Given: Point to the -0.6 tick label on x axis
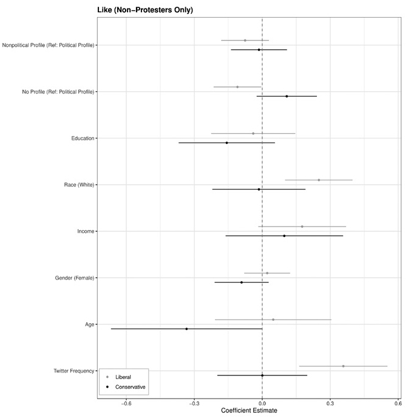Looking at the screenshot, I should pos(126,402).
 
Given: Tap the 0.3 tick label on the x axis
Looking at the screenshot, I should pos(330,402).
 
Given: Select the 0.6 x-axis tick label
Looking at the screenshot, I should pos(398,402).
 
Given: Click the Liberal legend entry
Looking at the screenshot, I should pos(123,377).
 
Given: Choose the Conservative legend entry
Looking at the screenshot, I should pos(130,387).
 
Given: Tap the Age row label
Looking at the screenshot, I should pos(90,324).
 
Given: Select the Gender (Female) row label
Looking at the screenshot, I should pos(75,278).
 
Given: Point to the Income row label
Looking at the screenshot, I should pos(86,231).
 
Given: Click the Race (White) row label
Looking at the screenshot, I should pos(79,185).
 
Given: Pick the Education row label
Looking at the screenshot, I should pos(83,139).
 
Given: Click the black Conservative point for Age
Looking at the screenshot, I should pos(186,329).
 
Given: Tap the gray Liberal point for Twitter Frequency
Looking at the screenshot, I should pos(343,366).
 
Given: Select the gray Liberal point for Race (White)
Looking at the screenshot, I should pos(319,180).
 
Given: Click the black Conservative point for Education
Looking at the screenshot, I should pos(226,143).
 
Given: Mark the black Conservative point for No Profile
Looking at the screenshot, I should pos(287,96).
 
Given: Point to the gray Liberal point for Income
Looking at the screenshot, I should pos(302,227).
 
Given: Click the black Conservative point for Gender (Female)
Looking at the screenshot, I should pos(241,283).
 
